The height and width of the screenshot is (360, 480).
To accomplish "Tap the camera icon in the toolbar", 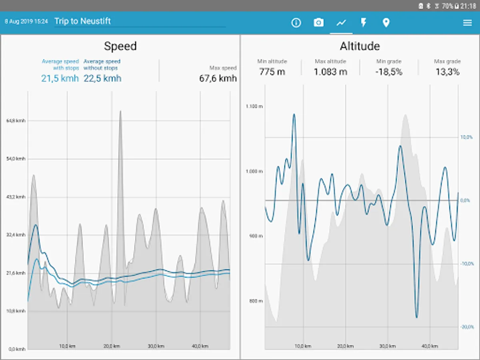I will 318,23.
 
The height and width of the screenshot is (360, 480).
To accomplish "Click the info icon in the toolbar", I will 296,23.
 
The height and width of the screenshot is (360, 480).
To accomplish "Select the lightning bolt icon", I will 364,23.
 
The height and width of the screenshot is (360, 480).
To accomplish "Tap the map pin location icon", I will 386,23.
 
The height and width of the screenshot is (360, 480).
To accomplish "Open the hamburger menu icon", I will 467,23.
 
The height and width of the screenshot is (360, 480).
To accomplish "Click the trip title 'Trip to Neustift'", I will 83,21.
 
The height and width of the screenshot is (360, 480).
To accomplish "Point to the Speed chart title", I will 120,46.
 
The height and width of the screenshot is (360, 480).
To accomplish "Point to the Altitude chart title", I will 360,46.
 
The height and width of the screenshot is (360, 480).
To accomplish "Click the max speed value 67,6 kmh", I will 218,78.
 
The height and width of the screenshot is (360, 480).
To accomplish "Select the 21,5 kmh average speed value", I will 60,78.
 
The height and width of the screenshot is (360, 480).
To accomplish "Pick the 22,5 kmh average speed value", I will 102,78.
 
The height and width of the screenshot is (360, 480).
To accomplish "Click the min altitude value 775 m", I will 272,72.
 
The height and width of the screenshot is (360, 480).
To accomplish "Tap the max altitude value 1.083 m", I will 330,72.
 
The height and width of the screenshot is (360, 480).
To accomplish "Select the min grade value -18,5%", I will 389,72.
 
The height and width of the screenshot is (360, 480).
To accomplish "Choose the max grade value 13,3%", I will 447,72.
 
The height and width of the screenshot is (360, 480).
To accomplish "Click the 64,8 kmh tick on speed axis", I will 16,121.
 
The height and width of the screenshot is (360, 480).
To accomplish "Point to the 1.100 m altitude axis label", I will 254,106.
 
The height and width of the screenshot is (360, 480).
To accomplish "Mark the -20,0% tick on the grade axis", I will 466,327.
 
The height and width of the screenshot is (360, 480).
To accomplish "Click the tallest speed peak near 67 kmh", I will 120,112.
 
